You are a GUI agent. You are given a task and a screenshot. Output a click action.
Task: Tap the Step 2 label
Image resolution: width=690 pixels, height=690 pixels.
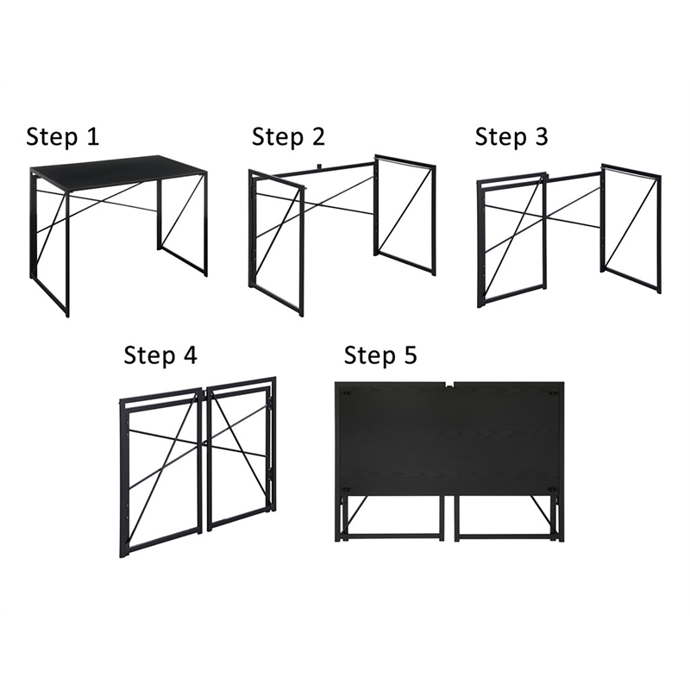[x=288, y=136]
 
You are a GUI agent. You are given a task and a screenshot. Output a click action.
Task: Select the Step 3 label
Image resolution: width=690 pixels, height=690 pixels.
[x=511, y=136]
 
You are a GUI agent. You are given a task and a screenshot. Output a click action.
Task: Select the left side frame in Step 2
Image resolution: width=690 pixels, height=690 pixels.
[x=276, y=241]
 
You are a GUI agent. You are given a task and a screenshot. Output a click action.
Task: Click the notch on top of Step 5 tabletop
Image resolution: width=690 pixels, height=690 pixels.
[x=452, y=384]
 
